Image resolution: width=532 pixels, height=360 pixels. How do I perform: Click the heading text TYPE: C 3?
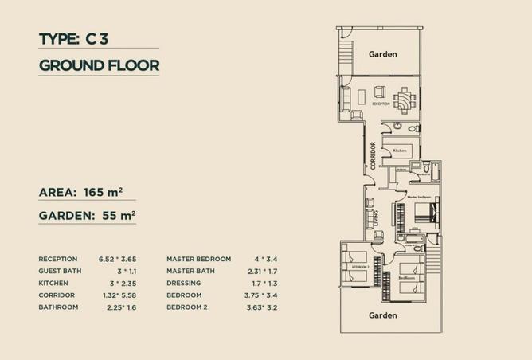(80, 39)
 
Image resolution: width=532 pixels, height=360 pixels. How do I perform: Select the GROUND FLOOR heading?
(99, 65)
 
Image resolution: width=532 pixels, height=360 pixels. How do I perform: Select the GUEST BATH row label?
(59, 271)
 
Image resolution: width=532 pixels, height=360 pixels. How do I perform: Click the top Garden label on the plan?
(381, 54)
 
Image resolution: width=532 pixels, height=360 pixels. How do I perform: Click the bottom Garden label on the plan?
(382, 315)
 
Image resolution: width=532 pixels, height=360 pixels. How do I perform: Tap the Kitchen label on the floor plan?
(400, 150)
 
